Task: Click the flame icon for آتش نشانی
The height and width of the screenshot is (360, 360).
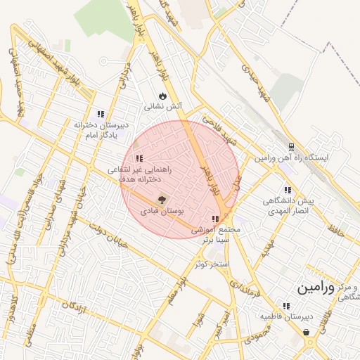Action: (x=163, y=96)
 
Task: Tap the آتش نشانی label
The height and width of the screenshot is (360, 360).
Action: (x=163, y=107)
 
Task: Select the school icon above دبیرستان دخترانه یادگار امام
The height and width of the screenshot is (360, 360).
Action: (x=101, y=113)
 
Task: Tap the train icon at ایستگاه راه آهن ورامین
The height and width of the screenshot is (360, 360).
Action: (x=290, y=147)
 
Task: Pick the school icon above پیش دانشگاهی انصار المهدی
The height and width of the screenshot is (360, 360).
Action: (x=287, y=190)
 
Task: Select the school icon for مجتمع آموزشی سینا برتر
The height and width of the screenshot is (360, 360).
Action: (x=215, y=219)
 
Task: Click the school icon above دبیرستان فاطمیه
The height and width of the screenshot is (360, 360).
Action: (x=285, y=306)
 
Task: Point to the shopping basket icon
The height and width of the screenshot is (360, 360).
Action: (x=307, y=333)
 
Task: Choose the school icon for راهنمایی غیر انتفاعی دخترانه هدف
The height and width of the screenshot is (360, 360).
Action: (x=139, y=159)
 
